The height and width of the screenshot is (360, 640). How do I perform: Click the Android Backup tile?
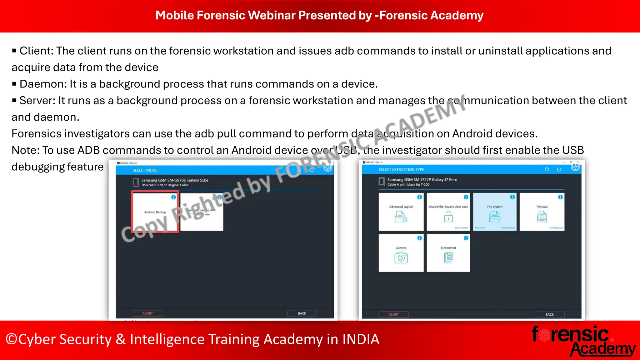155,212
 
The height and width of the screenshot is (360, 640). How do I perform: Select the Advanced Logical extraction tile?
401,212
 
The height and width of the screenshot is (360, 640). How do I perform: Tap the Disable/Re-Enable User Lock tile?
448,212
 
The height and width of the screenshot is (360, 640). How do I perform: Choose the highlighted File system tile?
495,212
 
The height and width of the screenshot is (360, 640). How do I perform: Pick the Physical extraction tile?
542,212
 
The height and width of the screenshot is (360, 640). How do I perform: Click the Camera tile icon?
401,257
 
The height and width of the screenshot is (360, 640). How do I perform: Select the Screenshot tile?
448,253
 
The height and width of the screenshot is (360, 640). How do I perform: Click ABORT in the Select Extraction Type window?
393,314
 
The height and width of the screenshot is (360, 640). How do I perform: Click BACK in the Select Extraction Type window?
549,314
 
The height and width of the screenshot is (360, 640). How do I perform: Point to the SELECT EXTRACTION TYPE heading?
401,169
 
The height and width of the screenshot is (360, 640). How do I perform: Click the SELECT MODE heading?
145,170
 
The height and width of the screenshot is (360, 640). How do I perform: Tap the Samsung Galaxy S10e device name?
175,180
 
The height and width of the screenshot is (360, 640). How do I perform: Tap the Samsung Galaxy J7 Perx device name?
422,180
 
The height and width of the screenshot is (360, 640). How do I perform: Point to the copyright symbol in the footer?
11,339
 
